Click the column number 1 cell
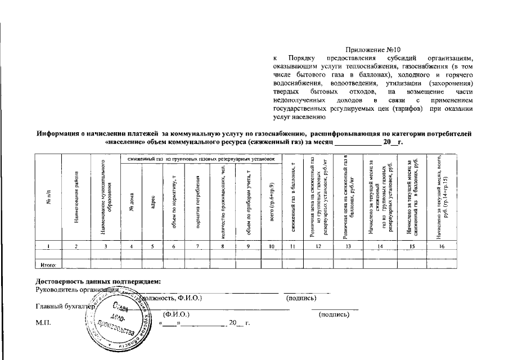[49, 246]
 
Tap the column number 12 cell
[318, 246]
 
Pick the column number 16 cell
[442, 246]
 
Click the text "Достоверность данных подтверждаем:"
[98, 281]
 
